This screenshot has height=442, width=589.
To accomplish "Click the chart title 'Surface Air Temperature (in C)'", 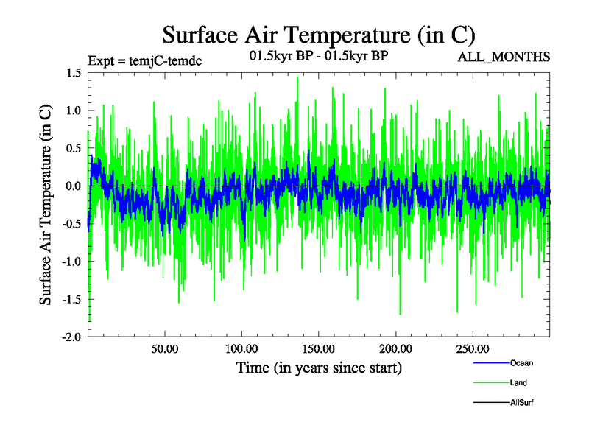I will (x=319, y=34).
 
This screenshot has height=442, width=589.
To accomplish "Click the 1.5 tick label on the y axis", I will (x=73, y=73).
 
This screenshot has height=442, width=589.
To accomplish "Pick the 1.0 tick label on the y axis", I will (x=73, y=110).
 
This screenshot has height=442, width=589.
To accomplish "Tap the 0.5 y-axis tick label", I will (x=73, y=148).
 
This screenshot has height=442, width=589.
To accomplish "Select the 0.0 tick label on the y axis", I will (x=73, y=186).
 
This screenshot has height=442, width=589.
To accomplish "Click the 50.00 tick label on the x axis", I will (x=165, y=348).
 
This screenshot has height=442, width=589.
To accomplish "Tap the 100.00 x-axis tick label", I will (x=241, y=348).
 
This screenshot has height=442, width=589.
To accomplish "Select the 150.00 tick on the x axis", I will (x=319, y=348).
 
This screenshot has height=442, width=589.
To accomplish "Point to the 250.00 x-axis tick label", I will (x=473, y=348).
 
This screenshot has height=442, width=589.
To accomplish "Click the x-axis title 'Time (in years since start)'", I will (x=319, y=367).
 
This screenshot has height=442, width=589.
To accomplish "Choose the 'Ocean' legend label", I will (x=521, y=363).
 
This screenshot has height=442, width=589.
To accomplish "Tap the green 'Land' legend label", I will (x=518, y=383).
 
